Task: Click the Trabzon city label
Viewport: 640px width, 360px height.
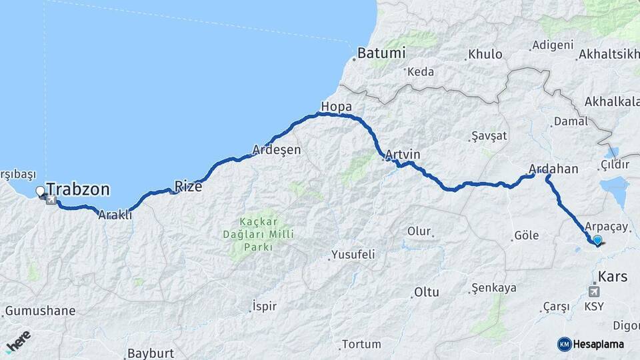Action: [x=78, y=189]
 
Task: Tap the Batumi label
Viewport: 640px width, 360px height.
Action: [x=381, y=53]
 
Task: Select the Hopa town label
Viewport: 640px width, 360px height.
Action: [x=335, y=107]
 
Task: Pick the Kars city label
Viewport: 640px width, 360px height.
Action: [x=613, y=275]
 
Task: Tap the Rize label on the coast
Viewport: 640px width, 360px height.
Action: [x=188, y=186]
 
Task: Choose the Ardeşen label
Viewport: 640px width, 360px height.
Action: [x=276, y=150]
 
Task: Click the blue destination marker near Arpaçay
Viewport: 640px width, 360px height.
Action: [x=597, y=241]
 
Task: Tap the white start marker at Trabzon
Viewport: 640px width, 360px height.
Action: [x=41, y=191]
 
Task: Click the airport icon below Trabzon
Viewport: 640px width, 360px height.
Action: [x=51, y=199]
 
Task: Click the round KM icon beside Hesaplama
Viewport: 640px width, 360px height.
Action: [x=565, y=344]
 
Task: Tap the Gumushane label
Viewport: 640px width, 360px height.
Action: [x=42, y=311]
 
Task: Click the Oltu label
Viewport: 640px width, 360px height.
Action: [x=426, y=292]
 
